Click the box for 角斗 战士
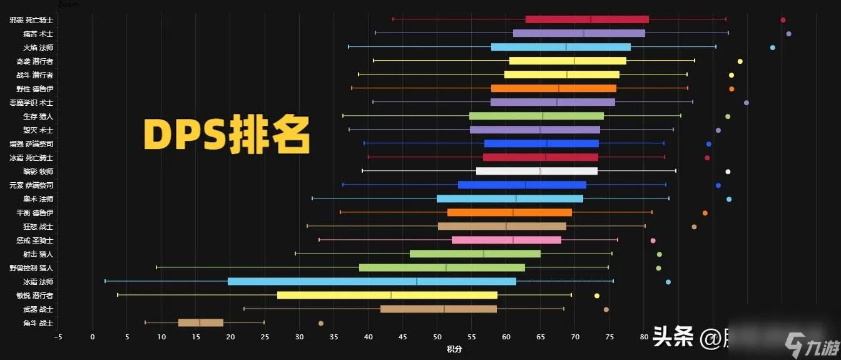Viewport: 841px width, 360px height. (x=200, y=323)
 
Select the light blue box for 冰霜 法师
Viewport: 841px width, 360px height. (x=372, y=282)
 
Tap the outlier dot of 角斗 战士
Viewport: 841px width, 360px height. (x=321, y=324)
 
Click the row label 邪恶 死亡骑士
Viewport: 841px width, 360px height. (x=31, y=20)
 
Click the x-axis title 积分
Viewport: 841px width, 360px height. (x=454, y=349)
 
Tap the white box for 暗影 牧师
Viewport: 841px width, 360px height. (x=536, y=172)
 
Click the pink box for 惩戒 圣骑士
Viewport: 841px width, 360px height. (x=506, y=240)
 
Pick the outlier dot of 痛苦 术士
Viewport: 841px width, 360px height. (x=788, y=34)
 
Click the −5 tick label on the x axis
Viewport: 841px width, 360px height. (x=58, y=337)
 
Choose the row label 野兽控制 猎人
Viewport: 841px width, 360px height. (x=31, y=268)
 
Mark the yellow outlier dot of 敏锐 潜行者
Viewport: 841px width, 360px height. (x=596, y=296)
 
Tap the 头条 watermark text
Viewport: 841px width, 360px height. (x=673, y=338)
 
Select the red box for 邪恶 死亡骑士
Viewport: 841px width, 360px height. (x=587, y=19)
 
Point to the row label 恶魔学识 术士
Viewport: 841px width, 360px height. (x=31, y=103)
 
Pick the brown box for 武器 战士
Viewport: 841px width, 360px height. (x=438, y=309)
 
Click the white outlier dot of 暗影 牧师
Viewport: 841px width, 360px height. (x=728, y=172)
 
